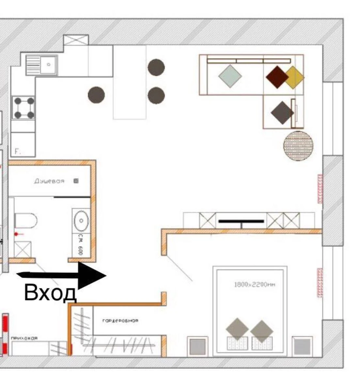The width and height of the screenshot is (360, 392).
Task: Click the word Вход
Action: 50,292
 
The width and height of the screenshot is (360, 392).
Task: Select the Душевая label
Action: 49,181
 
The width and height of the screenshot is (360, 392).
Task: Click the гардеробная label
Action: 120,321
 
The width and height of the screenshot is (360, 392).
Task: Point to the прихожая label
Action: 24,338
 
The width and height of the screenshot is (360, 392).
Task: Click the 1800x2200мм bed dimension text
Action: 255,285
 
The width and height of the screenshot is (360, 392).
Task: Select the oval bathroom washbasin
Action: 81,220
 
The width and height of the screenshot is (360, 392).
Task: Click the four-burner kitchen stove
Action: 23,107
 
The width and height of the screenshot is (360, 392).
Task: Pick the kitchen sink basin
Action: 48,65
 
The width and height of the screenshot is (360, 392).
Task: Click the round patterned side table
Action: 298,146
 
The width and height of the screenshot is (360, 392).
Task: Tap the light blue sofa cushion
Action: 230,76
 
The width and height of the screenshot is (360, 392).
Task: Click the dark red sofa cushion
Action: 277,77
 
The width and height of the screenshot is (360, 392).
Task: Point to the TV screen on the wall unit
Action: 241,221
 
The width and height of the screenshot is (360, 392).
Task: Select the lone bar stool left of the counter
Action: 96,95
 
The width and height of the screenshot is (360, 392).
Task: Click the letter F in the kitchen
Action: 17,152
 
